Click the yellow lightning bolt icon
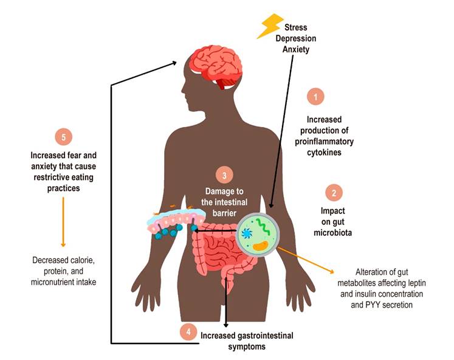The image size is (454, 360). pos(270,27)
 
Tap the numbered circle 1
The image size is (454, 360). pos(315,96)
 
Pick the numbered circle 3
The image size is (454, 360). pos(224,176)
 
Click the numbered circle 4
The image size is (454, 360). pos(189,332)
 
